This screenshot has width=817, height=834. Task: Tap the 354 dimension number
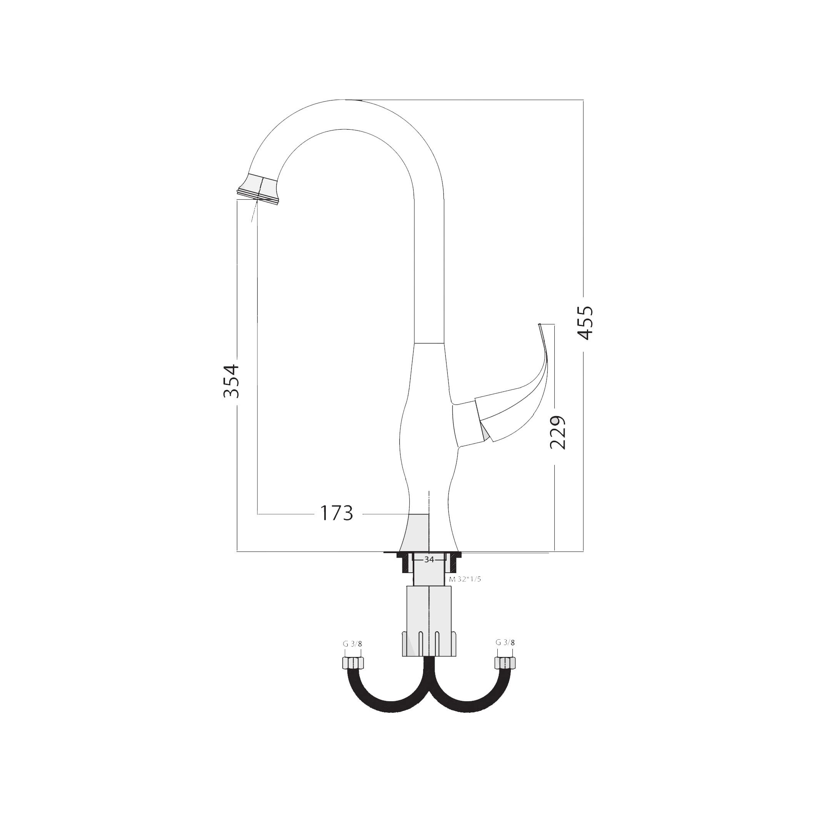pos(231,381)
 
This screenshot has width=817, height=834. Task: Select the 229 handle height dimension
pos(558,432)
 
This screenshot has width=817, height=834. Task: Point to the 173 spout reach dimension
pos(337,513)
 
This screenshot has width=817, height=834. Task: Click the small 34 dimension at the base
pos(429,560)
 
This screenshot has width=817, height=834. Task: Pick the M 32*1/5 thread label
pos(465,580)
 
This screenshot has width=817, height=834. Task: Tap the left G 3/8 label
pos(352,644)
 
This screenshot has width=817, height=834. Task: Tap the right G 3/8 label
pos(505,643)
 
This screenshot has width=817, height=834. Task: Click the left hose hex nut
pos(353,663)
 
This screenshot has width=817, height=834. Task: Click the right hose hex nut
pos(505,663)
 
